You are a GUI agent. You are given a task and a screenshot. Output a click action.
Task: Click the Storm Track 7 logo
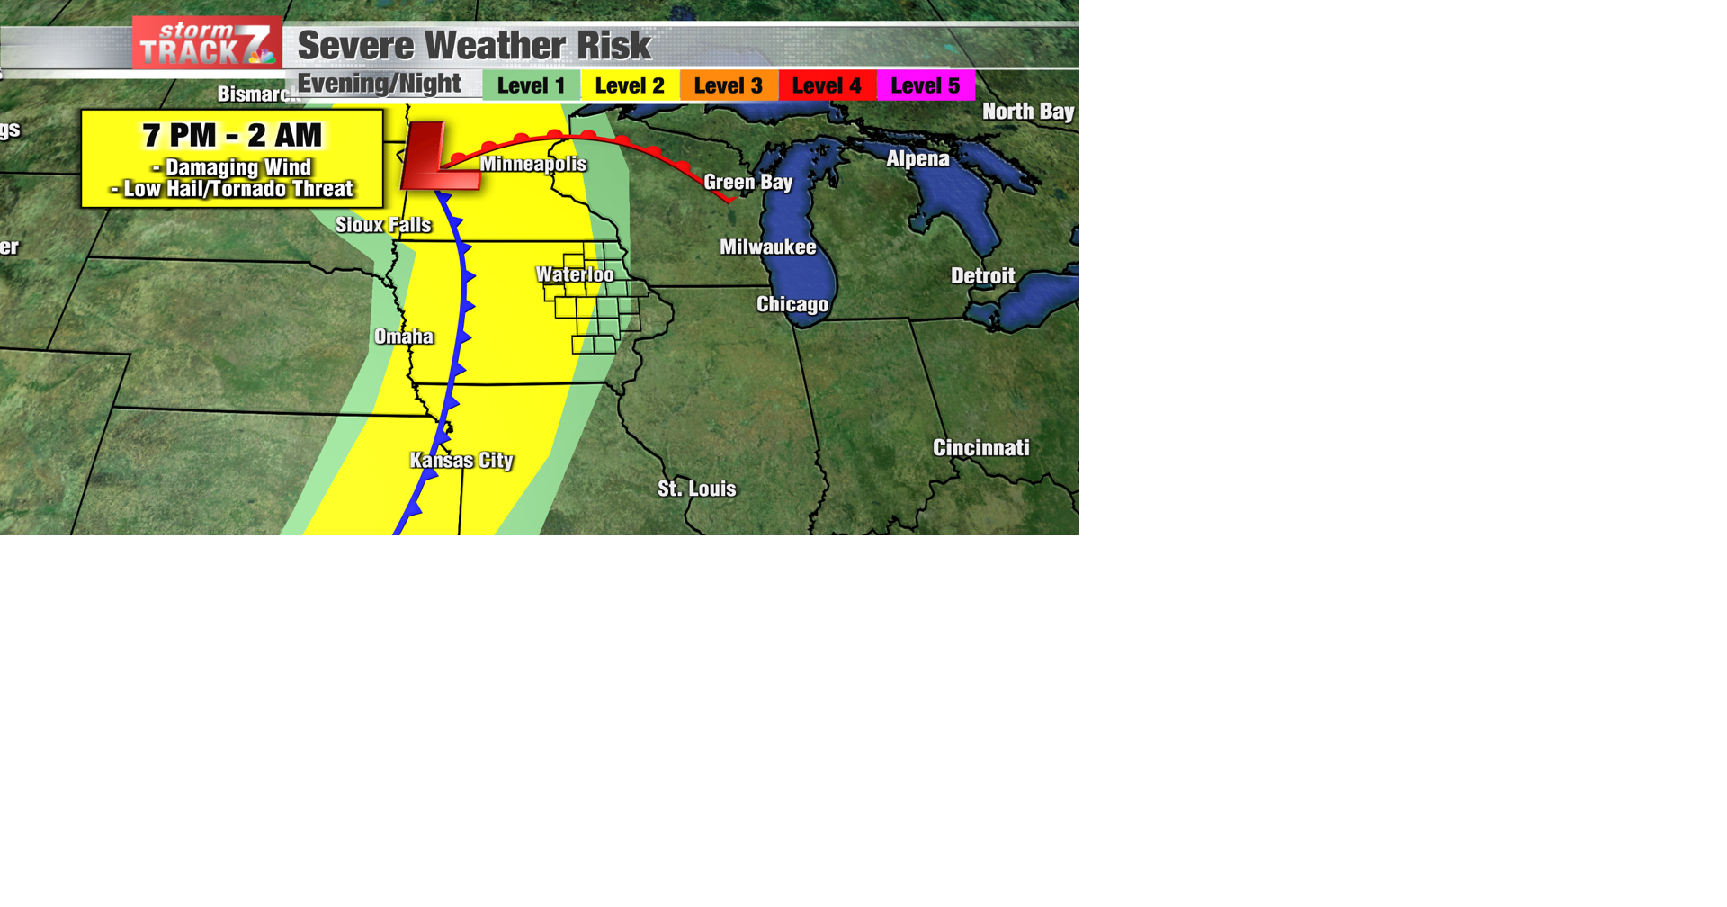(x=207, y=43)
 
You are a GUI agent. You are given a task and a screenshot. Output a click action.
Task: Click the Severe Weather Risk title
(x=473, y=46)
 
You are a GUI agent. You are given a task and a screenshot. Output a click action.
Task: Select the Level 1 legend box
(x=531, y=86)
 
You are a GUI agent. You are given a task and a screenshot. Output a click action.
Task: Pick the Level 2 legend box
(x=630, y=86)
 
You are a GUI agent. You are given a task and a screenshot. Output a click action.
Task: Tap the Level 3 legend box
(x=729, y=86)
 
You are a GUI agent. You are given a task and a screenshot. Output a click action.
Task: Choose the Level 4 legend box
(x=827, y=86)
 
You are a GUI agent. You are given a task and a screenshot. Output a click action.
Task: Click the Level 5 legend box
(x=926, y=86)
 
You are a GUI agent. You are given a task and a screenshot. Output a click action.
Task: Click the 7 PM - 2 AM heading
(x=232, y=136)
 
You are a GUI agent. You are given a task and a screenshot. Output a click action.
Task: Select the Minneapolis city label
(x=533, y=165)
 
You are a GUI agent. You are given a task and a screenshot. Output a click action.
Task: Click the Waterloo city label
(x=575, y=274)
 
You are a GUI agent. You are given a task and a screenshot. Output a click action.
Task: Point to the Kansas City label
(x=461, y=461)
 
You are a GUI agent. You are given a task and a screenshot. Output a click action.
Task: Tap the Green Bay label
(x=748, y=183)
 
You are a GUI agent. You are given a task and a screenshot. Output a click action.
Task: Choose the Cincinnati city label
(x=980, y=448)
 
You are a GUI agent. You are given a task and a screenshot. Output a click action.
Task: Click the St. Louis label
(x=696, y=489)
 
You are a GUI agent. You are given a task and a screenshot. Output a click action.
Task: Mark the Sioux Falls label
(x=383, y=225)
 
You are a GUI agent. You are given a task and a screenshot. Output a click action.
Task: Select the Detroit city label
(x=982, y=276)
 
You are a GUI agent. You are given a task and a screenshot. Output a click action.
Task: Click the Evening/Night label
(x=379, y=85)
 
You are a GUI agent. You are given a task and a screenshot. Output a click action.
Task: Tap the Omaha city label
(x=404, y=337)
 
